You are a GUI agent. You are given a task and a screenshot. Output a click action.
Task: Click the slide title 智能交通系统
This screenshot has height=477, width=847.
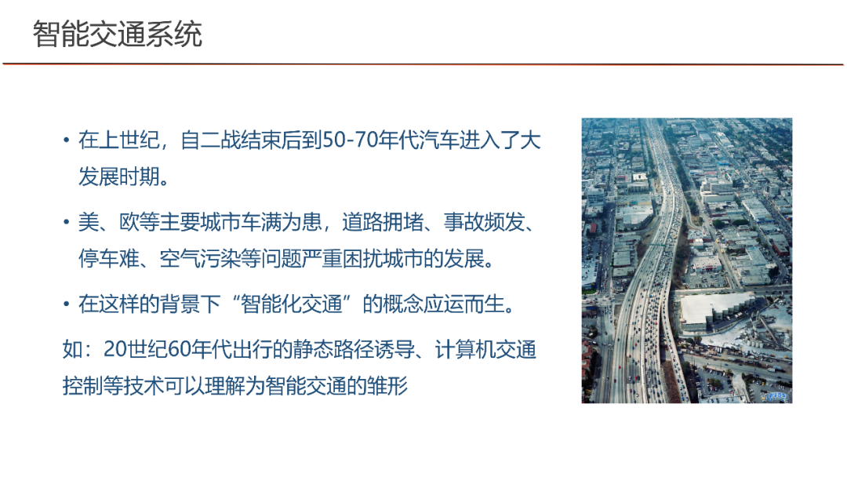tap(117, 34)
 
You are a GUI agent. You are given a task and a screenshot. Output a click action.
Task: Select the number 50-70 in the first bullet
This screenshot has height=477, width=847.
tap(350, 140)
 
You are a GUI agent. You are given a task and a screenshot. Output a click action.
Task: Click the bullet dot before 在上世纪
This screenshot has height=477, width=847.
tap(67, 140)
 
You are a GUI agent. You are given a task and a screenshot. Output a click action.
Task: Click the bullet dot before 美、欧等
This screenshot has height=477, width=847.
tap(67, 222)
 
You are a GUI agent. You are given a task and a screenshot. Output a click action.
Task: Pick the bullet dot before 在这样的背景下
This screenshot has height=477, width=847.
tap(67, 304)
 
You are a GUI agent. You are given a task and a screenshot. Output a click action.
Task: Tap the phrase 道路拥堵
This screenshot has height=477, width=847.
tap(383, 222)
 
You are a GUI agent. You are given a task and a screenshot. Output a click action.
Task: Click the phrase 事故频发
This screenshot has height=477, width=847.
tap(484, 222)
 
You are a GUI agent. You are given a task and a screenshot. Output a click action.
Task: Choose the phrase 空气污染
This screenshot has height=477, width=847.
tap(200, 259)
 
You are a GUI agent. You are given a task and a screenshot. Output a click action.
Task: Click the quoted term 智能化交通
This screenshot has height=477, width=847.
tap(292, 304)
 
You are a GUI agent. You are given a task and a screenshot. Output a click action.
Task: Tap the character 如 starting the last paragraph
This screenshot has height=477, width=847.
tap(72, 349)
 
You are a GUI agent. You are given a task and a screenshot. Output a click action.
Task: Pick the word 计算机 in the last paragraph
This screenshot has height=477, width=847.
tap(465, 349)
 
